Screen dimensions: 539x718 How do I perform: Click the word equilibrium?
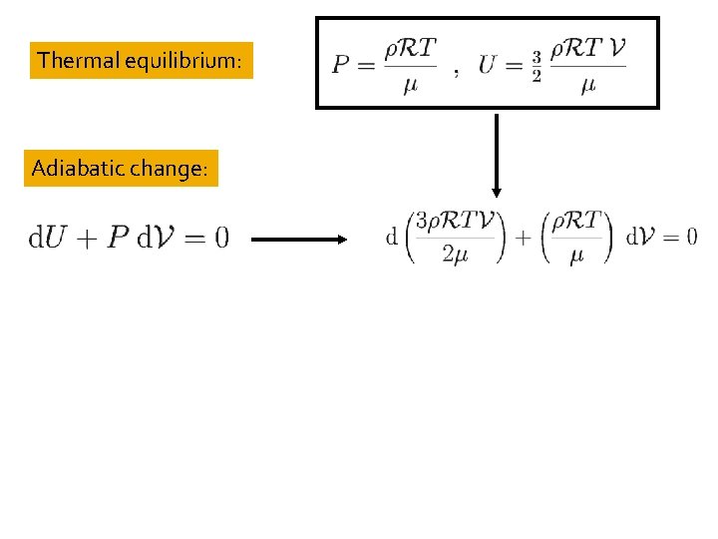pos(186,62)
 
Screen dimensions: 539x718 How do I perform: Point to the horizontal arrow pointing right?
pos(297,240)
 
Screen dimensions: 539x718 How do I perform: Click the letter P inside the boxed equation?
pos(341,65)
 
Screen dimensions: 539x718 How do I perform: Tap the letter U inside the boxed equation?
pos(488,65)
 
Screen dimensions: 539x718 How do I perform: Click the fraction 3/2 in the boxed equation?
pos(536,66)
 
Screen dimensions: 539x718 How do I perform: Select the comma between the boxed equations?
pos(456,72)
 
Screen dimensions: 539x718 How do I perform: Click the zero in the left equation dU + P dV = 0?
pos(220,238)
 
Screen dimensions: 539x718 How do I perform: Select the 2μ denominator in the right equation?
pos(455,256)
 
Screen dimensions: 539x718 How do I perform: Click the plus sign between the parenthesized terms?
pos(523,238)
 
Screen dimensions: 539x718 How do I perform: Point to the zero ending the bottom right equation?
pos(691,237)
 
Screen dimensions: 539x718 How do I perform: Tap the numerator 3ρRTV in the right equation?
pos(455,221)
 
